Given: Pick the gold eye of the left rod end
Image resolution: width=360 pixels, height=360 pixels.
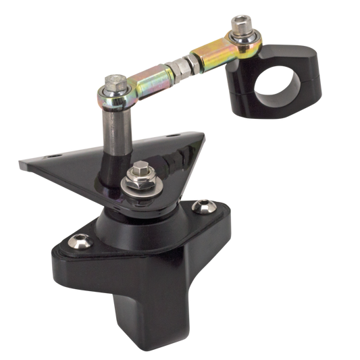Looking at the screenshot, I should click(122, 99).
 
